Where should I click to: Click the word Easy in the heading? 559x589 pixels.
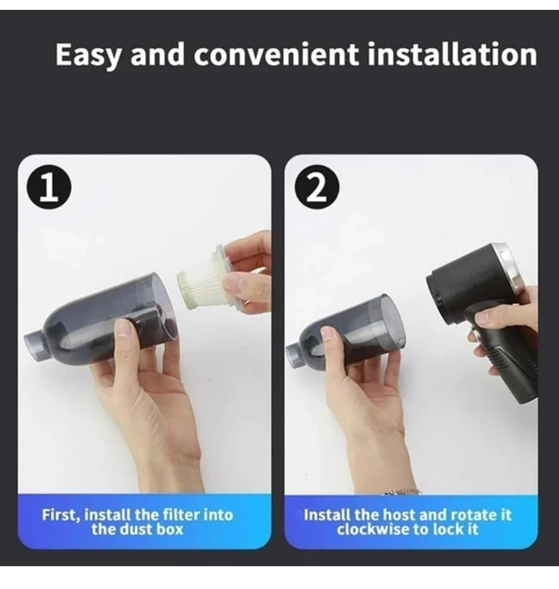tap(88, 55)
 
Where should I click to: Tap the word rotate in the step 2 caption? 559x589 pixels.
tap(468, 515)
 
